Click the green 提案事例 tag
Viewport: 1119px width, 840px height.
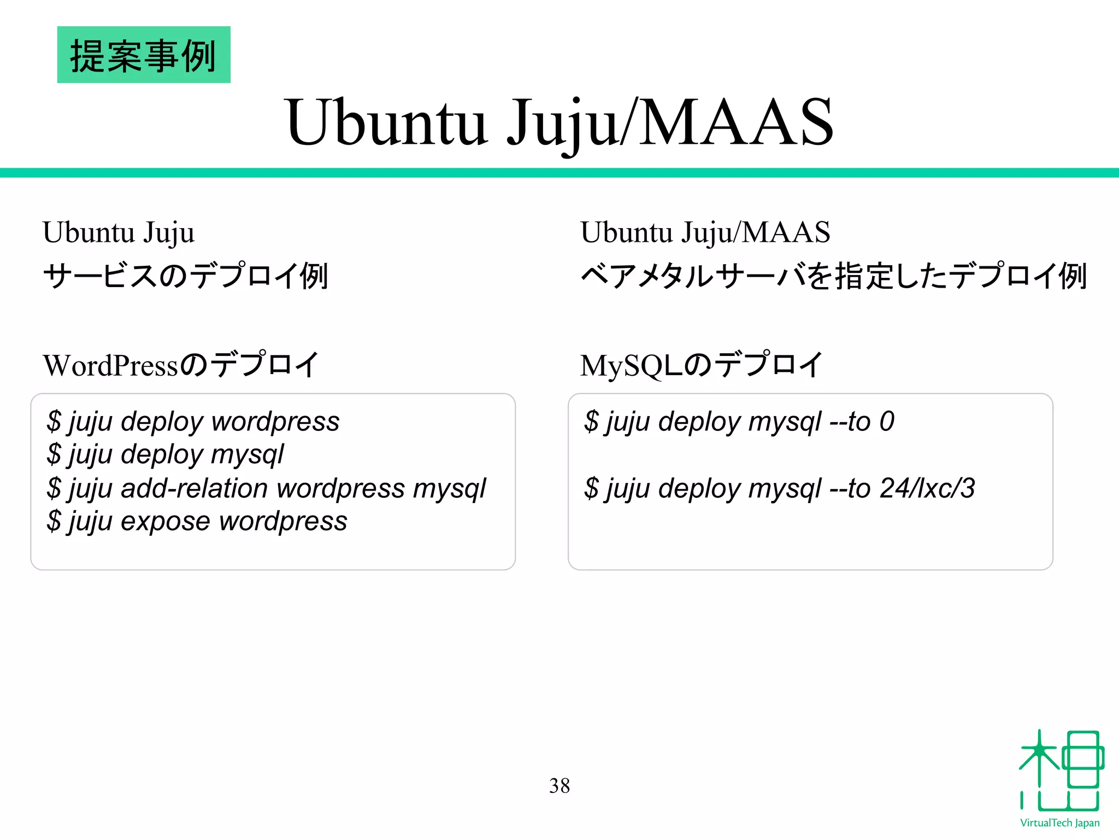144,55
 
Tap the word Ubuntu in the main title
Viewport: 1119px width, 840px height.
386,122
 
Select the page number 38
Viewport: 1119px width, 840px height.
559,786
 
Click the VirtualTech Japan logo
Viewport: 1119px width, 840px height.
1060,777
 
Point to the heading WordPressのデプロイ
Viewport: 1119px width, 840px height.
180,365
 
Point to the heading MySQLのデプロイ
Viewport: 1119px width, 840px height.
701,365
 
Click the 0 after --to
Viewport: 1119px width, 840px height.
887,422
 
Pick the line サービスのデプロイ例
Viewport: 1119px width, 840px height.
185,276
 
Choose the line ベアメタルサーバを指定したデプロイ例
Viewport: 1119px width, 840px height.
833,276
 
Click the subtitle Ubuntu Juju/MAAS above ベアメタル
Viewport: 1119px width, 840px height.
705,232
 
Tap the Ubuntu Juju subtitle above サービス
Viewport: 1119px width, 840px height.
119,232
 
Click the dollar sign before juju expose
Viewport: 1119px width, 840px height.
54,521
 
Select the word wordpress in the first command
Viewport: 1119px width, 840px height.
275,422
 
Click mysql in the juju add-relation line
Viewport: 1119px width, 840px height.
449,488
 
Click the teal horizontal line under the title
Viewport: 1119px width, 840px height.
559,173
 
